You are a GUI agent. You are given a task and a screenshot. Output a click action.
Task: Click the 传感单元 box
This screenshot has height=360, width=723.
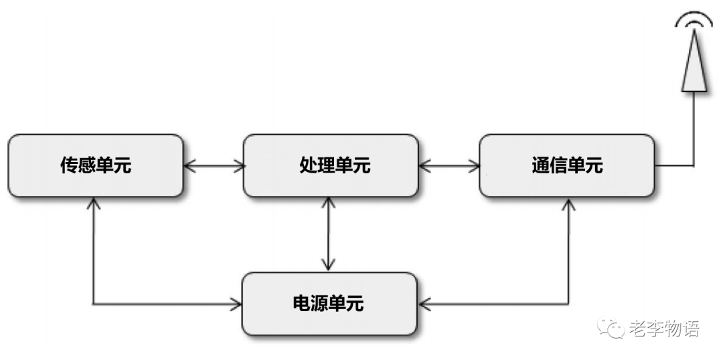[x=95, y=166]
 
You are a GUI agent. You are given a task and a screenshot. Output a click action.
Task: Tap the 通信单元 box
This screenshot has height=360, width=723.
[x=566, y=166]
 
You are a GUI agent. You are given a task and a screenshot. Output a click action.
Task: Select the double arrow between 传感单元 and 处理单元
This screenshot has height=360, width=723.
[x=213, y=166]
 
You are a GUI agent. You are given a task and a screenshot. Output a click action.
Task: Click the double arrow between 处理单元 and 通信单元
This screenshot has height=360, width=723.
[x=449, y=166]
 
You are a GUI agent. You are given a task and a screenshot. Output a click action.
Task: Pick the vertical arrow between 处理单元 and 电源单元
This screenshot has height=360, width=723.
[x=328, y=234]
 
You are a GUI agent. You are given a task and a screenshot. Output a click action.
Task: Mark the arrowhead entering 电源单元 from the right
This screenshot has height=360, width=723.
[x=424, y=304]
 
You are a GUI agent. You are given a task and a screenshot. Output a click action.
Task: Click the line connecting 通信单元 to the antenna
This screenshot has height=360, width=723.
[x=694, y=134]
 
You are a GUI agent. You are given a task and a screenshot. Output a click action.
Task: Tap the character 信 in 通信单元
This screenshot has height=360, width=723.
[x=558, y=166]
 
